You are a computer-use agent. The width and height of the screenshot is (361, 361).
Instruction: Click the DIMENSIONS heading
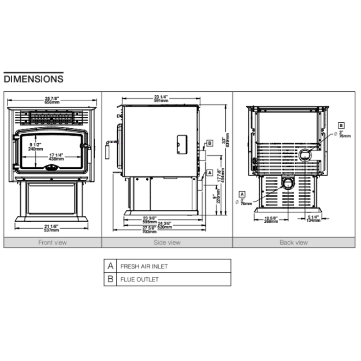tap(34, 78)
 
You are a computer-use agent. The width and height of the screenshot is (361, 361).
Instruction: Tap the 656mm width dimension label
tap(52, 102)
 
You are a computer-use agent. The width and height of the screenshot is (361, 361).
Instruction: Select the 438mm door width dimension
tap(57, 158)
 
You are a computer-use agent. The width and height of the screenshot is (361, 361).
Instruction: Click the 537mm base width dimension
tap(52, 229)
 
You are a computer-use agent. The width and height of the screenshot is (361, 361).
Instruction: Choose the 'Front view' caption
tap(52, 243)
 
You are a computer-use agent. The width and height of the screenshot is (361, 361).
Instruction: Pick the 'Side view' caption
tap(167, 243)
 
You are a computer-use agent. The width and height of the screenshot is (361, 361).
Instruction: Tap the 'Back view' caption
tap(293, 243)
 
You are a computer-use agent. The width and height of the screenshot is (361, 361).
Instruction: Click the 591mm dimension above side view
tap(161, 101)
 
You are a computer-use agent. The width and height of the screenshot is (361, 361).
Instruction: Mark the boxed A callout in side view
tap(210, 173)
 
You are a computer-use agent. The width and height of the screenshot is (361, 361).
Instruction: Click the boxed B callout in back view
tap(342, 126)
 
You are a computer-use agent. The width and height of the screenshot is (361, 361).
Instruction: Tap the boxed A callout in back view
tap(242, 193)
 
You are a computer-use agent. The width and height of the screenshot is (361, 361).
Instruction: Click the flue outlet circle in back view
tap(305, 155)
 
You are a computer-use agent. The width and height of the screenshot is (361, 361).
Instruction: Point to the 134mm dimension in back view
tap(313, 220)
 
